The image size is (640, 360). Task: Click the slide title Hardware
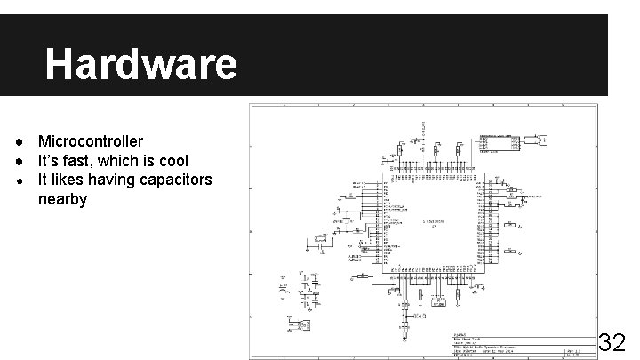click(x=140, y=64)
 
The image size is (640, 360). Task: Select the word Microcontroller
click(x=90, y=142)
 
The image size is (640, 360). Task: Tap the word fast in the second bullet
click(x=77, y=161)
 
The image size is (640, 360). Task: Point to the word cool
click(x=172, y=161)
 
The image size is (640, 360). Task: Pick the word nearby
click(x=62, y=199)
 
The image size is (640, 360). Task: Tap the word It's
click(x=48, y=161)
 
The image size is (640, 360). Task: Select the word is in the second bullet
click(x=149, y=161)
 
